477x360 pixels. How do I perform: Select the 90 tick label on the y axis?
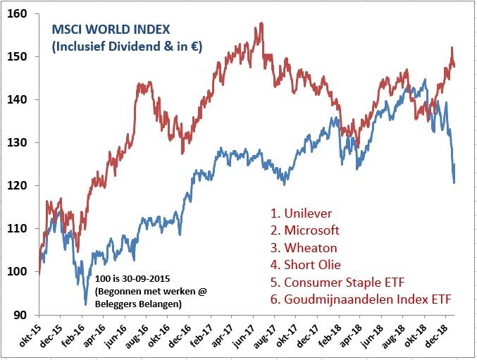pos(21,314)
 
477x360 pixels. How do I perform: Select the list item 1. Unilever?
pos(302,213)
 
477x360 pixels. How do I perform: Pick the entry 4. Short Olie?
pos(305,265)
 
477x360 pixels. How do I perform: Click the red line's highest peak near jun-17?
pos(261,23)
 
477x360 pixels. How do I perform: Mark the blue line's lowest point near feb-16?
pos(86,304)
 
